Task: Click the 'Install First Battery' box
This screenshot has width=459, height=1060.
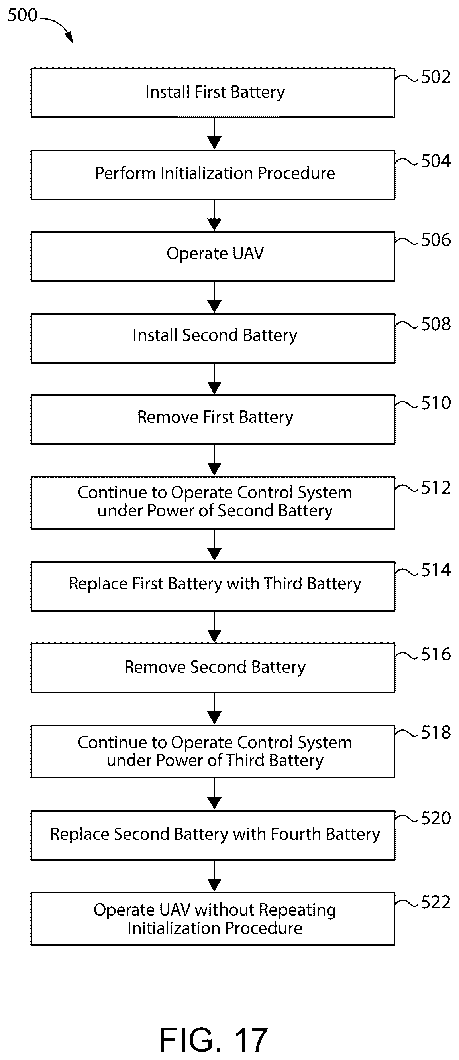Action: [x=213, y=93]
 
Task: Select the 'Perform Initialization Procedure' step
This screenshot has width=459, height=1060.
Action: [x=213, y=175]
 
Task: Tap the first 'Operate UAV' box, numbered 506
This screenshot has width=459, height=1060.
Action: [x=213, y=257]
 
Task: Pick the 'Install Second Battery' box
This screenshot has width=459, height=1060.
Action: [x=213, y=338]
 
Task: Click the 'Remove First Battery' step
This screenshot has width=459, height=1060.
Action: [x=213, y=419]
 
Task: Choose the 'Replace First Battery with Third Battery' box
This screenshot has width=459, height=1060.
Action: [x=213, y=586]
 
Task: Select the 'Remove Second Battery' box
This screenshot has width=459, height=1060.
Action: [x=213, y=668]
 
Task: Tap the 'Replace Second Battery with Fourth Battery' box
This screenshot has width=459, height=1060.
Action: [x=213, y=835]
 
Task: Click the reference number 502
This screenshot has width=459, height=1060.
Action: [x=435, y=77]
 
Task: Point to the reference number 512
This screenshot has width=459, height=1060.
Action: [x=435, y=488]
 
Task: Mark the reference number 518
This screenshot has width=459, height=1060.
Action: [x=435, y=733]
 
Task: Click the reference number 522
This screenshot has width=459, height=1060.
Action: [x=435, y=902]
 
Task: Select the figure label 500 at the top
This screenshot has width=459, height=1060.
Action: [x=22, y=15]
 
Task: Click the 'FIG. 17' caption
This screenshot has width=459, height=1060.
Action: [x=214, y=1039]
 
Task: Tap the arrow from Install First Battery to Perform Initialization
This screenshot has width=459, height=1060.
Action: [x=214, y=134]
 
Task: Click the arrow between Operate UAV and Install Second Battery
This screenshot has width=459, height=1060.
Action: [x=214, y=297]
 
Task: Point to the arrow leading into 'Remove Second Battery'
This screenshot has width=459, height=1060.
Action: [x=214, y=627]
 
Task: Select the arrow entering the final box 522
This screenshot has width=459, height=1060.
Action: [x=214, y=876]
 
